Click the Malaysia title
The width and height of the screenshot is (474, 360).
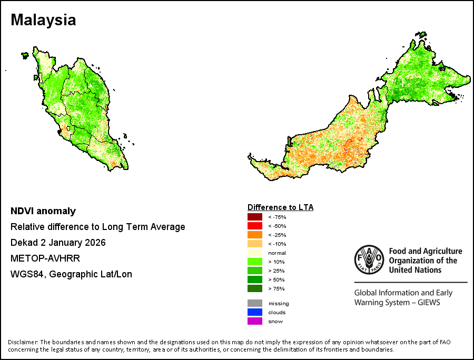tap(43, 20)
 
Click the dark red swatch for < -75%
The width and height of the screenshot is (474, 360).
tap(255, 217)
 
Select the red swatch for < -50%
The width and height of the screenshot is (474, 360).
tap(255, 226)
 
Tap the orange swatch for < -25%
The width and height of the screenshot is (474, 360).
tap(255, 235)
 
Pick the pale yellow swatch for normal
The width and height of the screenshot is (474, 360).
tap(255, 253)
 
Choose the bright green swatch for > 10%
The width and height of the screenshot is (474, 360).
tap(255, 262)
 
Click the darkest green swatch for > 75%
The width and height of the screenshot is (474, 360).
tap(255, 288)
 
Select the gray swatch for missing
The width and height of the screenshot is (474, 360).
tap(255, 303)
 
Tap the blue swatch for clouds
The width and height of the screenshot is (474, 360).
tap(255, 312)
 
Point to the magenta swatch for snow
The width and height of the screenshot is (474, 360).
tap(255, 321)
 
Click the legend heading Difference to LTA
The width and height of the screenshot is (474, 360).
tap(281, 207)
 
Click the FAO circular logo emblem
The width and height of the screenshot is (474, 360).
tap(369, 259)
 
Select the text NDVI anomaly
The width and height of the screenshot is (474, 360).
tap(43, 211)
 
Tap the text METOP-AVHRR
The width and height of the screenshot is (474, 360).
tap(45, 258)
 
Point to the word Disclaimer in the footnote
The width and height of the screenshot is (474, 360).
tap(23, 342)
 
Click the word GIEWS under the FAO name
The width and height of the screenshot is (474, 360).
tap(429, 302)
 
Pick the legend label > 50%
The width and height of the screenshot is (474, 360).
tap(276, 279)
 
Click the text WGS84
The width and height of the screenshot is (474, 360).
tap(28, 274)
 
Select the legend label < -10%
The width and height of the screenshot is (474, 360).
tap(277, 244)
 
